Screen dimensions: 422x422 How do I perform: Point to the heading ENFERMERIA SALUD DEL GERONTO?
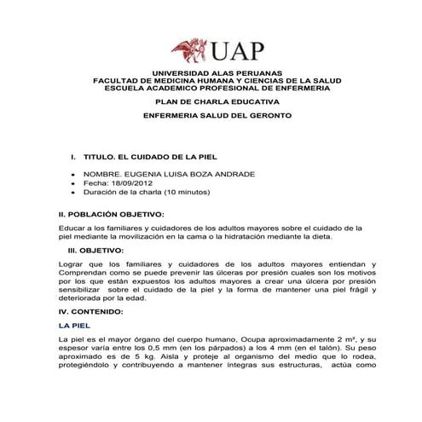[x=211, y=114]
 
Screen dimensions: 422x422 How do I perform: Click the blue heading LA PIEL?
[x=69, y=326]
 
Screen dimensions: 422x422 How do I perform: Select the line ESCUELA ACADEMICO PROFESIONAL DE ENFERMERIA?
[x=211, y=88]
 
